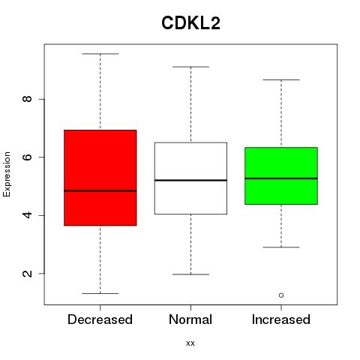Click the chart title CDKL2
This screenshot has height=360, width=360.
[x=190, y=22]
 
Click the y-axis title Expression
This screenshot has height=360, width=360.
[x=7, y=174]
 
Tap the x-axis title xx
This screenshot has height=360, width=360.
[x=190, y=343]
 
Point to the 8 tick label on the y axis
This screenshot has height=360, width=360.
[x=27, y=99]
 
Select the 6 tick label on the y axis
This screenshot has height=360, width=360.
[x=27, y=157]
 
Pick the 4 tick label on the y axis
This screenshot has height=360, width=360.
[x=27, y=215]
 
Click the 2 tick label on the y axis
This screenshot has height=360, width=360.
[x=27, y=273]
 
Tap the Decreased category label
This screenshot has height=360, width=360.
[x=100, y=319]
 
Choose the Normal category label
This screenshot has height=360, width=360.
[x=190, y=319]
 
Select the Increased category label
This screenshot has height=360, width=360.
[x=281, y=319]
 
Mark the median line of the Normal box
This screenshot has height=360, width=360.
[x=190, y=180]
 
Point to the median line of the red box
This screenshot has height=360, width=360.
[x=100, y=190]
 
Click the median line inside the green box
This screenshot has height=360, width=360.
[x=281, y=178]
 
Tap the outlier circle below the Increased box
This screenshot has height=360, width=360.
[x=281, y=295]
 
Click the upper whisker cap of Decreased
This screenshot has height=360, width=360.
[x=100, y=54]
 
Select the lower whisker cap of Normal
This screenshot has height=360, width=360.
[x=190, y=274]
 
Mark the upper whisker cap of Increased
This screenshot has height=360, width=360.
[x=281, y=79]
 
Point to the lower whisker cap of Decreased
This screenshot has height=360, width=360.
[x=100, y=293]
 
